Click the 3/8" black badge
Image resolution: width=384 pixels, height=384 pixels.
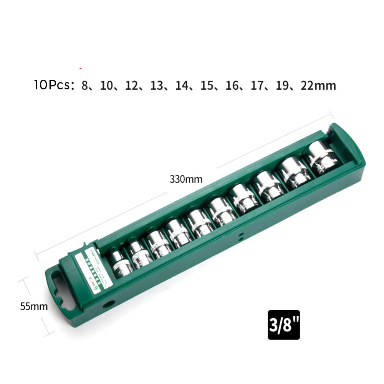(284, 325)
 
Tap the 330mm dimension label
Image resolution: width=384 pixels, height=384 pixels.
(186, 179)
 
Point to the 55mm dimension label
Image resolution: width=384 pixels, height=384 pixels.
(34, 306)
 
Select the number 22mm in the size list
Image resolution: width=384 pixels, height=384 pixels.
(318, 85)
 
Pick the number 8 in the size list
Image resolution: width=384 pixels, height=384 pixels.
(84, 85)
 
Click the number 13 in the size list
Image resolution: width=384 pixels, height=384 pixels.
(157, 85)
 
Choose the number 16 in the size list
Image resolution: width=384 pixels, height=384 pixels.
(232, 85)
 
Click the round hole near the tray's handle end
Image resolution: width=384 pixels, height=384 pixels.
(109, 304)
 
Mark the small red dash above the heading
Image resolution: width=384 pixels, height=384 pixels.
(80, 68)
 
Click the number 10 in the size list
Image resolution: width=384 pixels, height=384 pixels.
(107, 85)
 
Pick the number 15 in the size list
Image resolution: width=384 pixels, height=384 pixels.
(207, 85)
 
